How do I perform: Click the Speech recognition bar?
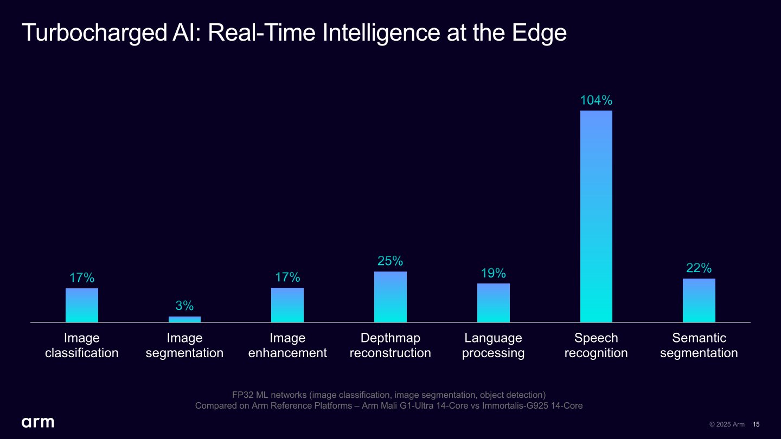(x=596, y=217)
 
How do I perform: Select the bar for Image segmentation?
(x=184, y=319)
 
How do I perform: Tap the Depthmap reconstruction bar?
(x=390, y=297)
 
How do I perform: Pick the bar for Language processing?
(x=494, y=303)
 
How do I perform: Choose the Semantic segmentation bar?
(x=699, y=301)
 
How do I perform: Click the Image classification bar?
(x=82, y=305)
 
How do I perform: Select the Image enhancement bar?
(x=287, y=305)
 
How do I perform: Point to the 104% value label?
(x=596, y=100)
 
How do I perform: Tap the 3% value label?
(x=184, y=306)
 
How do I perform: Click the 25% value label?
(x=390, y=261)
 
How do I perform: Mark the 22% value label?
(x=699, y=268)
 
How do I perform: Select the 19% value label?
(x=494, y=273)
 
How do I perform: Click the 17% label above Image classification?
(x=82, y=278)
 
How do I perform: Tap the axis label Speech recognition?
(x=596, y=346)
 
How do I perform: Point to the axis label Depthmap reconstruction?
(x=390, y=346)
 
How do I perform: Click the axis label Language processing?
(x=494, y=346)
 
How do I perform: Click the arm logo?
(x=38, y=422)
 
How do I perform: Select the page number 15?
(x=756, y=424)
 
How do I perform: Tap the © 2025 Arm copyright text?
(x=727, y=424)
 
